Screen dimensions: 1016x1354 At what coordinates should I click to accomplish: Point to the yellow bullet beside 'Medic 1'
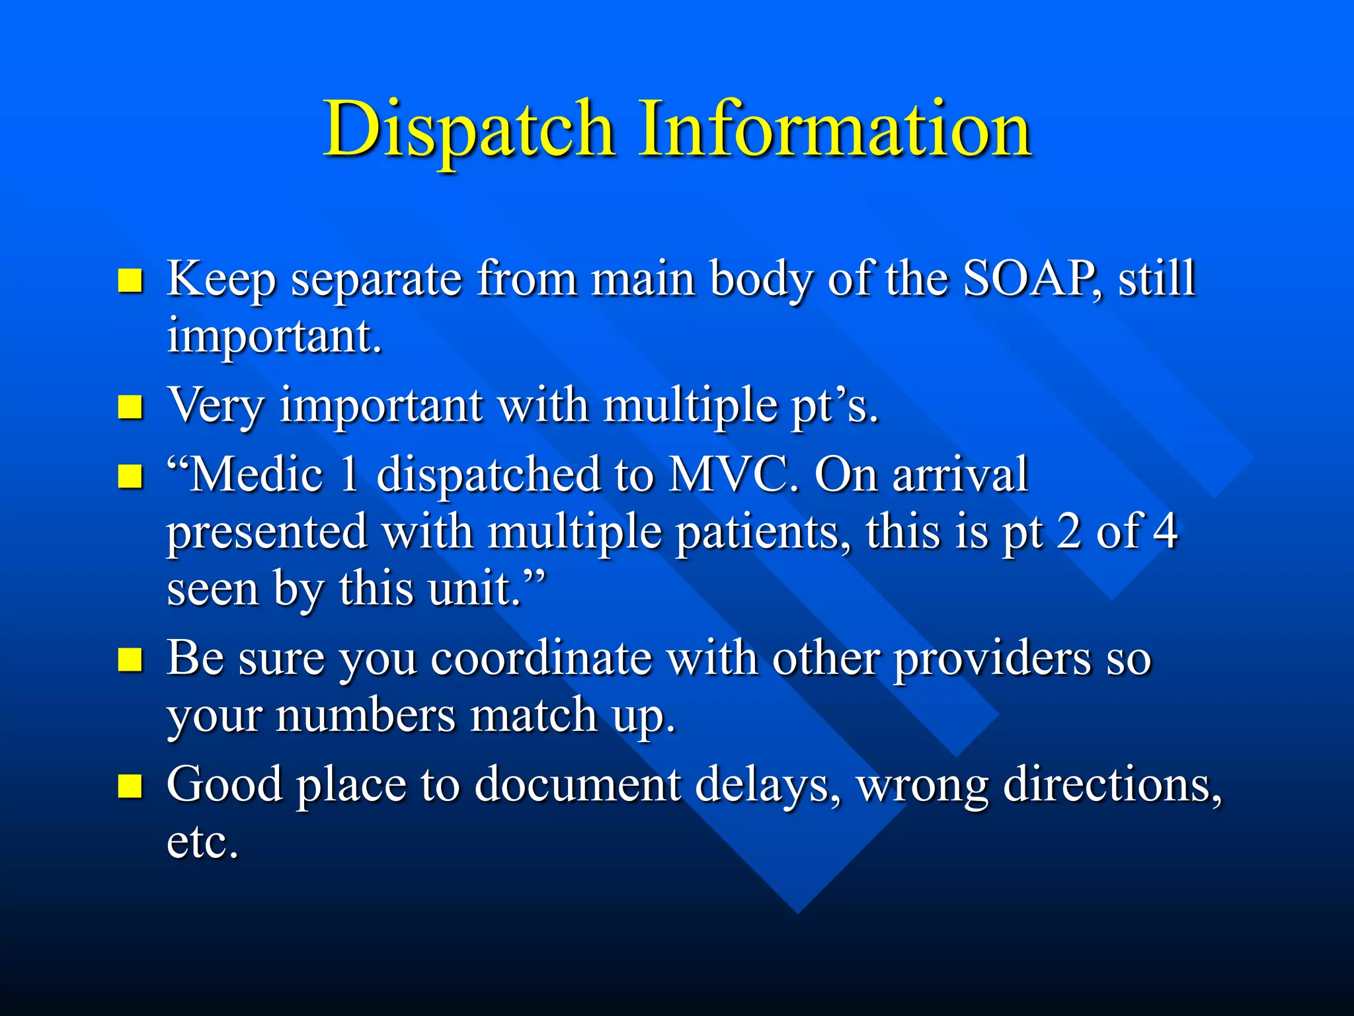click(130, 476)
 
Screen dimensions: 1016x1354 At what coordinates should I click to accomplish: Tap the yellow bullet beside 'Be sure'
click(130, 659)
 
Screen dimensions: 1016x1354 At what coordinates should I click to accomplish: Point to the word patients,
click(764, 532)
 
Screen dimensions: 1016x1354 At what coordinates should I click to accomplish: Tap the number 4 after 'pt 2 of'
click(1165, 532)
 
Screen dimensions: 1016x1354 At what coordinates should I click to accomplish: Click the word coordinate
click(541, 659)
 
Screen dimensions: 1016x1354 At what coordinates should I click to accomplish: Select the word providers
click(992, 660)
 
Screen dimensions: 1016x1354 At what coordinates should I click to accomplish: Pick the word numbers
click(365, 716)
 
